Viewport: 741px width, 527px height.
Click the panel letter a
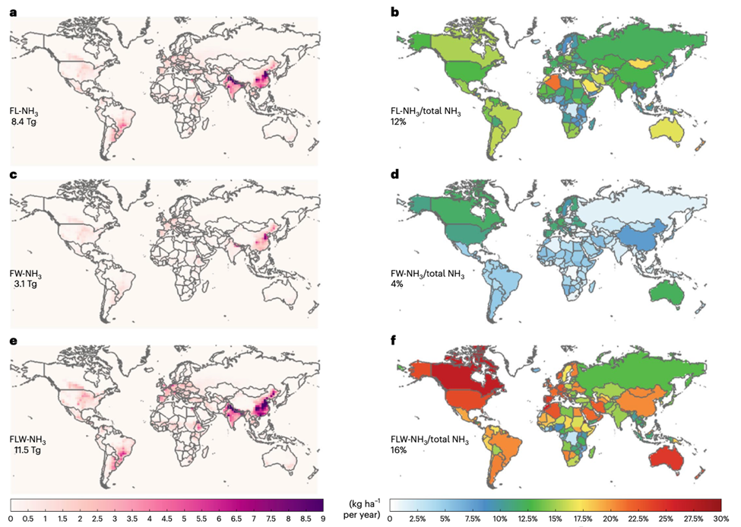pos(13,11)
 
